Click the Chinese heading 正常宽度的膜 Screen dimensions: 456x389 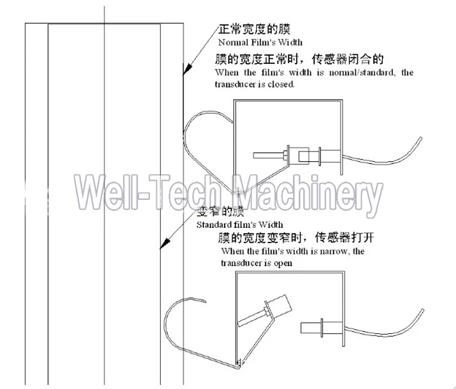[254, 29]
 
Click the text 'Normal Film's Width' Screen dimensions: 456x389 [260, 42]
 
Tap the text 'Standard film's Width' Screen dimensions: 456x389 [239, 224]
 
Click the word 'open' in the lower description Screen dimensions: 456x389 [283, 263]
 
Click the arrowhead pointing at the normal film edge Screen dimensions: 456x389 [188, 68]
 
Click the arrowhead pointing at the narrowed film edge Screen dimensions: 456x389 [165, 243]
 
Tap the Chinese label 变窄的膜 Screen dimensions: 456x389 [221, 211]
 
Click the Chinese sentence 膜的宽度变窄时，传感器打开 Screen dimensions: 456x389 [296, 238]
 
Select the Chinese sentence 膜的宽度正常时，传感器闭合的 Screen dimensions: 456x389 [299, 59]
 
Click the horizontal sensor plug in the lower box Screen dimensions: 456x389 [322, 327]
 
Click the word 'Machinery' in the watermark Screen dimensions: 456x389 [308, 194]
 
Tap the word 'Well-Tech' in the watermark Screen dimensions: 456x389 [147, 193]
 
